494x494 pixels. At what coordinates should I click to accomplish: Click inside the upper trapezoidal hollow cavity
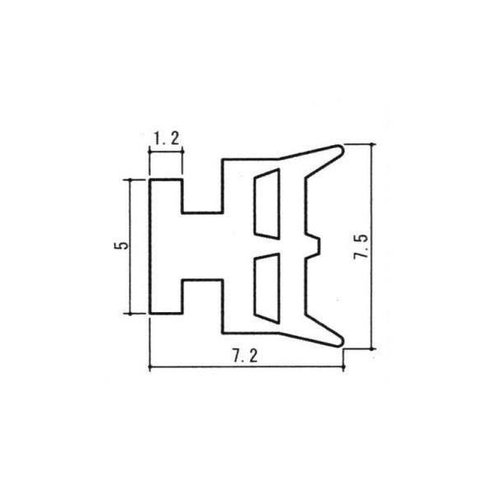click(265, 203)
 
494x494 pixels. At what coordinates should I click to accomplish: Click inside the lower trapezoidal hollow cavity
click(265, 287)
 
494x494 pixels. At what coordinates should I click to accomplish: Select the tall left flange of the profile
click(165, 245)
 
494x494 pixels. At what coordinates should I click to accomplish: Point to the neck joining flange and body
click(202, 245)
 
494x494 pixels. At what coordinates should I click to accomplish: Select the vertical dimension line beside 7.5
click(373, 247)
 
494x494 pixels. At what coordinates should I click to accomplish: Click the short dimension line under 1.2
click(166, 151)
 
